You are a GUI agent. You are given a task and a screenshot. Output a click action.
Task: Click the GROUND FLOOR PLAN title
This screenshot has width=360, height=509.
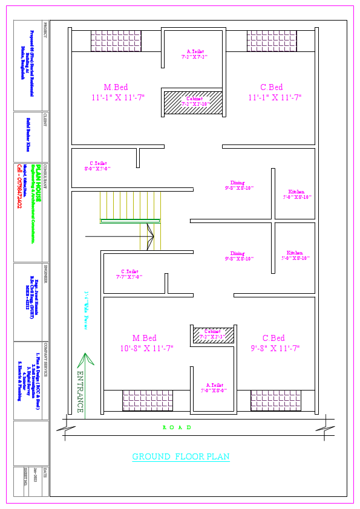click(x=181, y=456)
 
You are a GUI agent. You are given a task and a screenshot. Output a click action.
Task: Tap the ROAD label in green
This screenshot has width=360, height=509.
click(x=177, y=427)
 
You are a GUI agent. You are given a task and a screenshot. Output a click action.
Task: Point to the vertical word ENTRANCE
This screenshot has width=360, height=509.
click(x=80, y=391)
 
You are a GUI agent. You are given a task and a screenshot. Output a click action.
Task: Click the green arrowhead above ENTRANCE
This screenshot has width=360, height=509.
click(x=85, y=359)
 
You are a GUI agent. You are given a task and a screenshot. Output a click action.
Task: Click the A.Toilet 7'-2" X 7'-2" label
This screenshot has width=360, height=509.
click(x=195, y=54)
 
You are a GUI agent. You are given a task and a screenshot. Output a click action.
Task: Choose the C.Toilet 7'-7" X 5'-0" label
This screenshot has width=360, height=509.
click(x=129, y=274)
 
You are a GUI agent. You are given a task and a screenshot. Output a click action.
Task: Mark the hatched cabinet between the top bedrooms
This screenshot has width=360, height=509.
click(x=193, y=102)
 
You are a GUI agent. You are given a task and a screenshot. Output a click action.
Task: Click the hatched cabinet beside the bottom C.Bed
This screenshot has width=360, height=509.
click(x=213, y=334)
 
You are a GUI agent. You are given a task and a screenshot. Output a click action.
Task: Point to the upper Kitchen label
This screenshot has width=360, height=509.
click(x=296, y=194)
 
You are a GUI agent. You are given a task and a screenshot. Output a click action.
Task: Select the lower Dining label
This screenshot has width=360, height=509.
click(x=238, y=256)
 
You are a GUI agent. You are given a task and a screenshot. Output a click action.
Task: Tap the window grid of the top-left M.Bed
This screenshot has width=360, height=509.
click(x=116, y=41)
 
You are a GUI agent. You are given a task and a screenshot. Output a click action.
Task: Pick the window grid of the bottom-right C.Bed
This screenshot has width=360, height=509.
click(x=276, y=400)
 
